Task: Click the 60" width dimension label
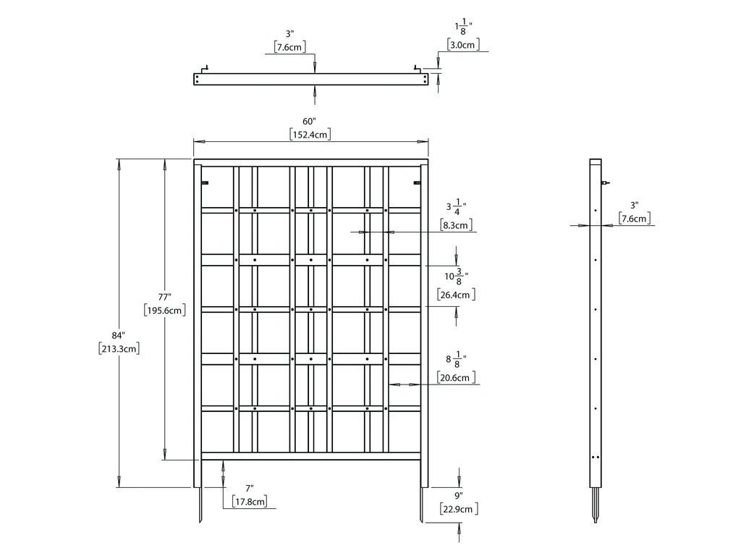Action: pyautogui.click(x=309, y=122)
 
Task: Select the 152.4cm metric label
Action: pyautogui.click(x=310, y=135)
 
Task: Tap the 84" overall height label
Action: pyautogui.click(x=118, y=336)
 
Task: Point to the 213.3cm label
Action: pyautogui.click(x=119, y=350)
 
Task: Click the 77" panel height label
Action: pyautogui.click(x=164, y=297)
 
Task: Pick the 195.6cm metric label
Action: pyautogui.click(x=164, y=311)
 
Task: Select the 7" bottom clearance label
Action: pyautogui.click(x=250, y=488)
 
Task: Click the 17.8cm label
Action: pyautogui.click(x=250, y=502)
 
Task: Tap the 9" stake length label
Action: pyautogui.click(x=458, y=495)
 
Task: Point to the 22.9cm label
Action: pyautogui.click(x=459, y=509)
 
